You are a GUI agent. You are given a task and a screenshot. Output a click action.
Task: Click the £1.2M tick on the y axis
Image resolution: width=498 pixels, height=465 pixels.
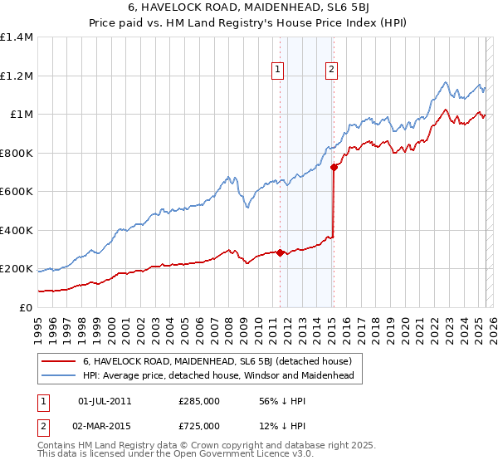coord(17,76)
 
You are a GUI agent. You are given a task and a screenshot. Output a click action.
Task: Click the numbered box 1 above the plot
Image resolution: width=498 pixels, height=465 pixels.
coord(276,71)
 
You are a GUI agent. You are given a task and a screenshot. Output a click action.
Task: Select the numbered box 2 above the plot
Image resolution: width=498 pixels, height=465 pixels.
coord(331,71)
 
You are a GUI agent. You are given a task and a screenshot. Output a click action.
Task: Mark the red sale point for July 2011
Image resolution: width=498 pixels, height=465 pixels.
coord(280,252)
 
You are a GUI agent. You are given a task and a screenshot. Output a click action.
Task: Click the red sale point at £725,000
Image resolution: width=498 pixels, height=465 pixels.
coord(334,167)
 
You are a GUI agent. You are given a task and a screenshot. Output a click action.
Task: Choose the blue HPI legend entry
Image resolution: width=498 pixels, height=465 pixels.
coord(217,376)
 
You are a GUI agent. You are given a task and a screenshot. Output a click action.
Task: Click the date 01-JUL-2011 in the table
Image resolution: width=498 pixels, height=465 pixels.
coord(105,402)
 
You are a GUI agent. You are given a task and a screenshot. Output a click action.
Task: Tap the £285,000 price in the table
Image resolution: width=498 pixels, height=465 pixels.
coord(199,402)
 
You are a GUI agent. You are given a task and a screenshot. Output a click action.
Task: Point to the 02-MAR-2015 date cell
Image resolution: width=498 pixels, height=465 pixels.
coord(105,426)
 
